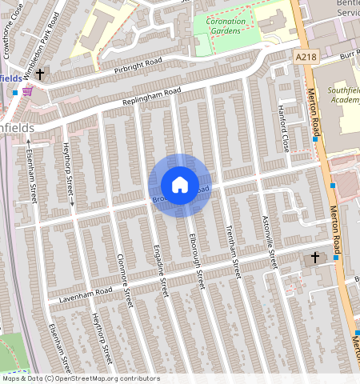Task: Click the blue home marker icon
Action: [x=180, y=185]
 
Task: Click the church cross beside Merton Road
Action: [x=315, y=258]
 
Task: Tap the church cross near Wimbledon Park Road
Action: [x=38, y=74]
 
